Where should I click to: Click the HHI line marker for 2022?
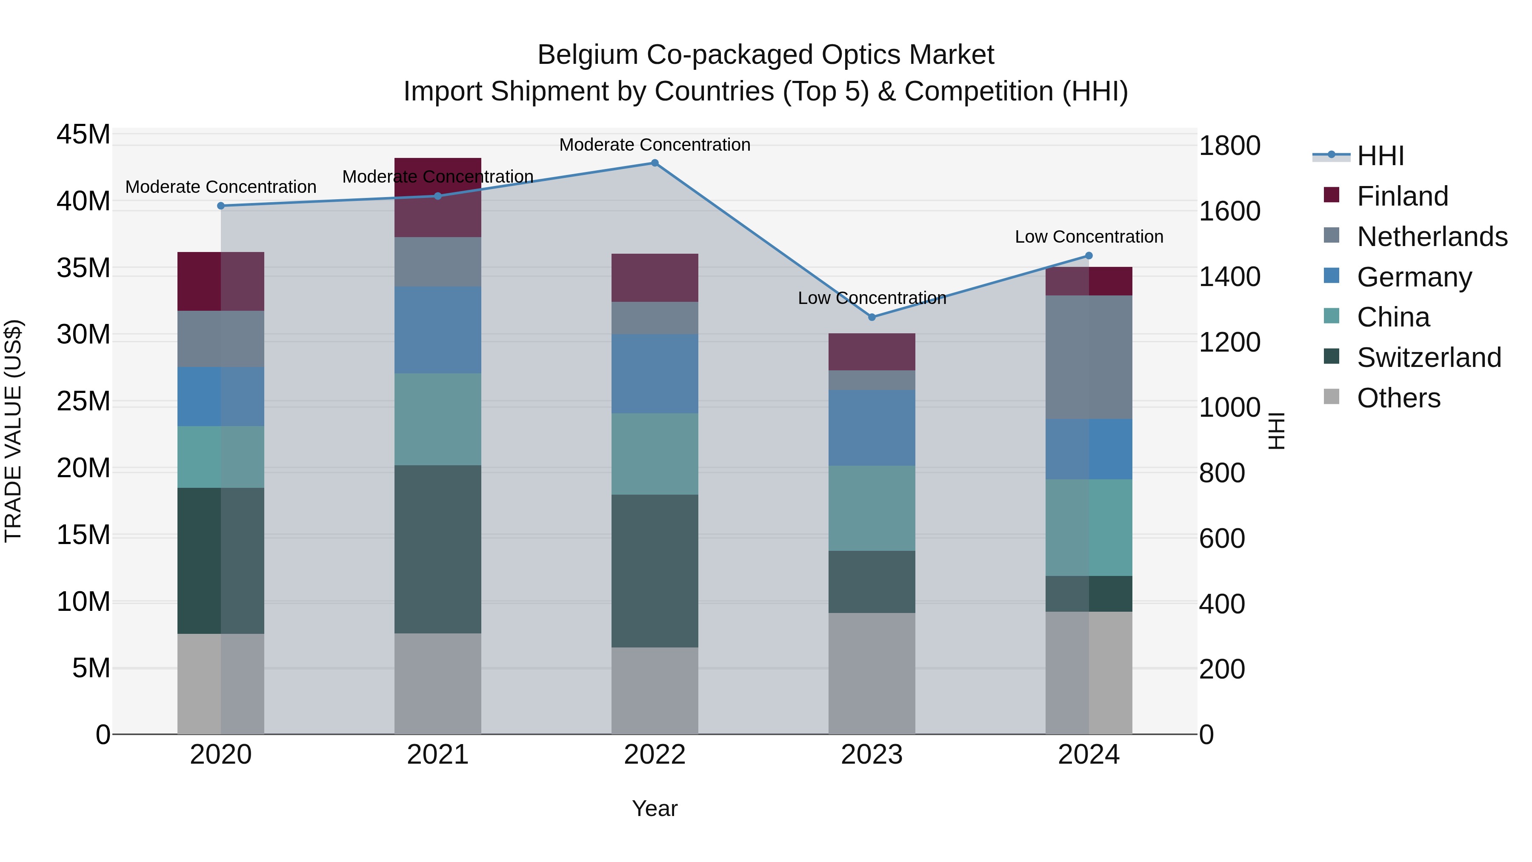coord(655,163)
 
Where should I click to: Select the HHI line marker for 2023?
coord(872,317)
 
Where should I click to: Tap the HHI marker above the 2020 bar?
coord(220,206)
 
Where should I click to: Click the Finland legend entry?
coord(1402,196)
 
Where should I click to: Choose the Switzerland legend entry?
coord(1429,358)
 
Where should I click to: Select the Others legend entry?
coord(1398,398)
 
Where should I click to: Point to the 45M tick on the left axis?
coord(83,135)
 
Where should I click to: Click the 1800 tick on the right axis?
coord(1229,146)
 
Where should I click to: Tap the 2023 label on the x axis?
coord(872,755)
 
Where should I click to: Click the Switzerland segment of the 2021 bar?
coord(438,549)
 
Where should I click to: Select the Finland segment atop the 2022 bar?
coord(655,278)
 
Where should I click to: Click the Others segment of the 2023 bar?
coord(872,673)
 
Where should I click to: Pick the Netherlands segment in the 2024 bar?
coord(1089,357)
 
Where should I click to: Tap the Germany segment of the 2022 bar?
coord(655,374)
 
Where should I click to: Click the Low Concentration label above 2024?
coord(1089,237)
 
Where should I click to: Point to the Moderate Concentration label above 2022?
coord(655,145)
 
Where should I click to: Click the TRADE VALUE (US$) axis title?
coord(13,431)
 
